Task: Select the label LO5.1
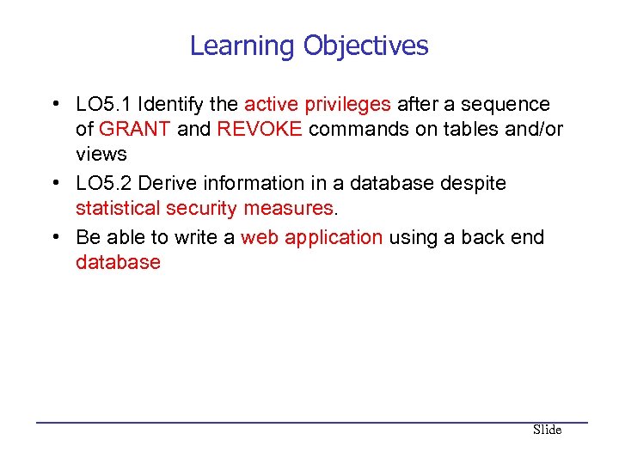click(104, 105)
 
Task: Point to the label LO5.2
click(104, 184)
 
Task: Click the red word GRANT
click(135, 130)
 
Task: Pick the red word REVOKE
click(260, 130)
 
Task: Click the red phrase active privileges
click(317, 105)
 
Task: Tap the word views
click(101, 155)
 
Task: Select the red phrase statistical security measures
click(204, 209)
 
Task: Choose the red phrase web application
click(311, 237)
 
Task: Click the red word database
click(118, 263)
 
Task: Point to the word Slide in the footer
click(547, 430)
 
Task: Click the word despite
click(475, 184)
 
